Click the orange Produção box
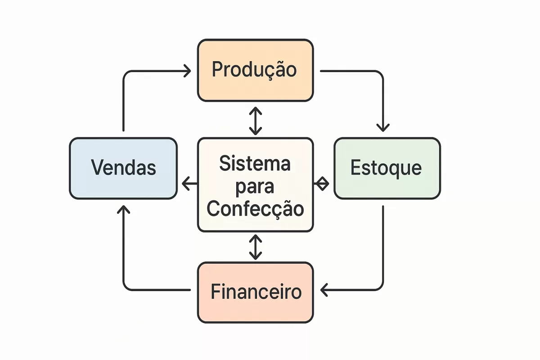pos(255,70)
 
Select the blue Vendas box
pos(123,168)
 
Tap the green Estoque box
pos(387,168)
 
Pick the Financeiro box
pos(255,292)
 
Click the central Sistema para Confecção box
pos(255,184)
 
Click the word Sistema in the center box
pos(255,164)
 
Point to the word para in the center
pos(255,187)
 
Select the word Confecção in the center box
pos(255,208)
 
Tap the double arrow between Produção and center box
pos(255,121)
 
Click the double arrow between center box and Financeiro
pos(255,247)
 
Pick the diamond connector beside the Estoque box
pos(321,184)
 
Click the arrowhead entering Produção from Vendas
pos(187,71)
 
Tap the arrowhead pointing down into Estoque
pos(383,127)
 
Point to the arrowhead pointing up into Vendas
pos(123,209)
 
